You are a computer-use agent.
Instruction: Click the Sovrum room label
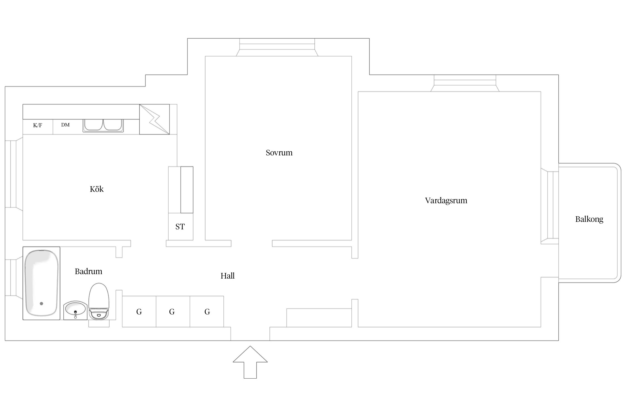(x=279, y=153)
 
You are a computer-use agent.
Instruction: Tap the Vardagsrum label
(x=446, y=200)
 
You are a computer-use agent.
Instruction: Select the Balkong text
(x=589, y=219)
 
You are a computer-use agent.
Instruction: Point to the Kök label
(x=97, y=189)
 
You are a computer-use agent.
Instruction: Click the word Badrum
(x=88, y=271)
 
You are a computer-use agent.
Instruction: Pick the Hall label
(x=228, y=276)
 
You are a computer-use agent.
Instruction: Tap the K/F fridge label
(x=38, y=125)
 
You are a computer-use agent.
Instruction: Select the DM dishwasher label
(x=65, y=125)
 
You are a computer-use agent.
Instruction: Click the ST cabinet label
(x=180, y=227)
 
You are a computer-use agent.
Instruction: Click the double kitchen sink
(x=103, y=125)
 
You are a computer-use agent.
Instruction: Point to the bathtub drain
(x=41, y=304)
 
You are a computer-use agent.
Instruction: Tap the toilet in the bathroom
(x=99, y=302)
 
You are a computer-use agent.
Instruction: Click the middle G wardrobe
(x=172, y=312)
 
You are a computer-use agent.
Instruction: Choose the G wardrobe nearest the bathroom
(x=139, y=312)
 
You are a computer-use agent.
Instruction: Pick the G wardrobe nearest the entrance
(x=207, y=312)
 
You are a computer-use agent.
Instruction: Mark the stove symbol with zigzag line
(x=154, y=119)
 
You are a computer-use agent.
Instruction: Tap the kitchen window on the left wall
(x=11, y=174)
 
